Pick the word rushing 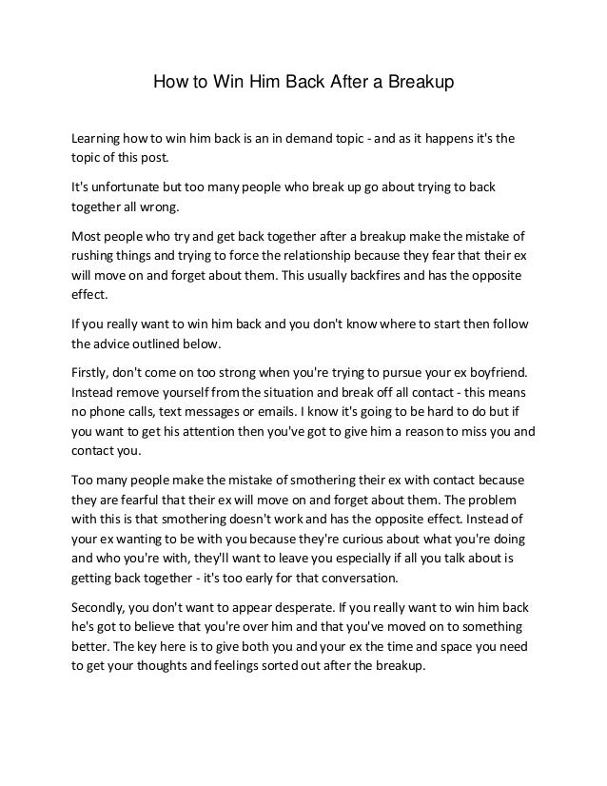[98, 254]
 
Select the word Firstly [95, 370]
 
